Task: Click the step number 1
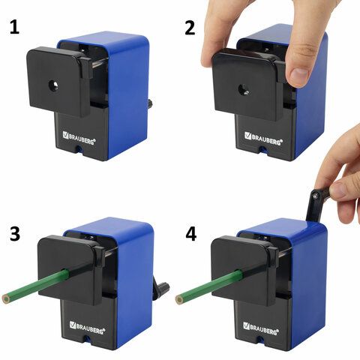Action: coord(14,27)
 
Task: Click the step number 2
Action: coord(190,28)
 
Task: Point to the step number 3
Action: coord(15,234)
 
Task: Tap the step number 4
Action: coord(191,234)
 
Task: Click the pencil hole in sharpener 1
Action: coord(54,86)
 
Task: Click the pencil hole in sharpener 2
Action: coord(243,90)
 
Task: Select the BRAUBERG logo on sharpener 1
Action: coord(79,138)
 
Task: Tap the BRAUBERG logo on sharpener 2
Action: coord(263,139)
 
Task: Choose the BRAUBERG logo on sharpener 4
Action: coord(261,328)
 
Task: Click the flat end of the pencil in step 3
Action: coord(6,299)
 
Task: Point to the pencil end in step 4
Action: coord(179,299)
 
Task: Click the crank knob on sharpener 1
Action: coord(151,103)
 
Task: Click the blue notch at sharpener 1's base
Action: coord(79,149)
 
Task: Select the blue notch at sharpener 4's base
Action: coord(260,339)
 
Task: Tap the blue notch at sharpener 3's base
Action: coord(87,339)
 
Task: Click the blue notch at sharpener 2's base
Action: coord(262,150)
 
